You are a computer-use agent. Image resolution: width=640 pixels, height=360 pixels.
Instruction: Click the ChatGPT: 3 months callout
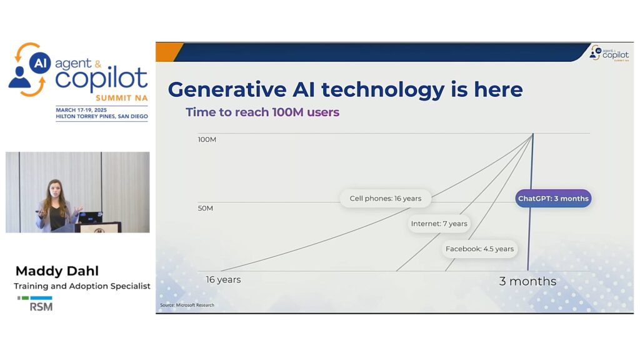tap(553, 198)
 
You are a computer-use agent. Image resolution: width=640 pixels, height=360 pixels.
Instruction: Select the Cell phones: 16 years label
tap(385, 198)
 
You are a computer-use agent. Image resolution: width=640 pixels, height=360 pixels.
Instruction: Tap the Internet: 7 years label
tap(439, 224)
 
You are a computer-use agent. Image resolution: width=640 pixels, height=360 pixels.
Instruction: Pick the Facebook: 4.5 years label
tap(479, 249)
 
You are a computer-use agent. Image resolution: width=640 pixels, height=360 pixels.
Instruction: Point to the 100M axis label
tap(207, 139)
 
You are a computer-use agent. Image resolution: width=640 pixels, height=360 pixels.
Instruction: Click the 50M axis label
tap(205, 208)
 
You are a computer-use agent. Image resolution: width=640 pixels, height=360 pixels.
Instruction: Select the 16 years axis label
tap(223, 279)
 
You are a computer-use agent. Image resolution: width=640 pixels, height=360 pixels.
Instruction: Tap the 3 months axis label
tap(527, 281)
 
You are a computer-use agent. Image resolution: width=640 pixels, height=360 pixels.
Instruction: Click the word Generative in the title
tap(227, 89)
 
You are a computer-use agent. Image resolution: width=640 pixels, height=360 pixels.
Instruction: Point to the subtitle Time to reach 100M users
tap(262, 112)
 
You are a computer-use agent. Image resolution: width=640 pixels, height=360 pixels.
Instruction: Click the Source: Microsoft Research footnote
tap(187, 305)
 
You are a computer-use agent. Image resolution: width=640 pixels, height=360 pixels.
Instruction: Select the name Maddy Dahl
tap(57, 271)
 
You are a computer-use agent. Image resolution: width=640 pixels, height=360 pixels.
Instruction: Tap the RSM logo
tap(36, 303)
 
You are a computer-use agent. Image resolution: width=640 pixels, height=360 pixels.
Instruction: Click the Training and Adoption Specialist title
tap(82, 286)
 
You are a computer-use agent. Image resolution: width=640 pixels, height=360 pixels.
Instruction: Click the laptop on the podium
tap(90, 217)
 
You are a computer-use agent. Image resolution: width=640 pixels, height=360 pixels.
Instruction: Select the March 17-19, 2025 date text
tap(81, 110)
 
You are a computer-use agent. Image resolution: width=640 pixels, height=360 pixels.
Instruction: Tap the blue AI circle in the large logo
tap(40, 62)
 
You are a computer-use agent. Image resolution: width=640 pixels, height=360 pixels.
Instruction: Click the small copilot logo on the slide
tap(609, 54)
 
